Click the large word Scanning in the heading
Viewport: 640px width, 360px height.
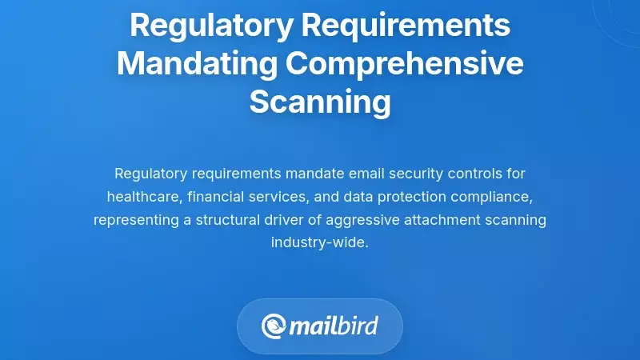[x=320, y=102]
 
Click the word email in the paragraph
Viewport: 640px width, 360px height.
[x=362, y=174]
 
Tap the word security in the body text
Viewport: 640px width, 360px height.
[x=412, y=174]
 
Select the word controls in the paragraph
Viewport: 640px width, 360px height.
[x=472, y=174]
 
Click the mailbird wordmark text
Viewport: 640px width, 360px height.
[x=334, y=326]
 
